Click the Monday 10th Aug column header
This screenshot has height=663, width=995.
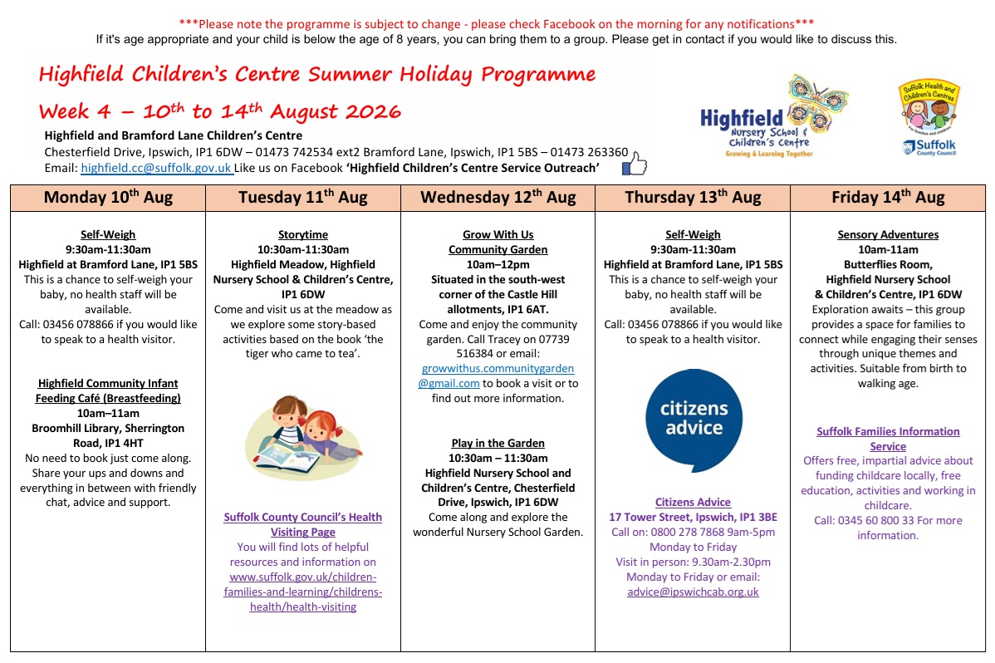click(108, 198)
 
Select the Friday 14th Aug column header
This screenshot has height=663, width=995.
click(888, 198)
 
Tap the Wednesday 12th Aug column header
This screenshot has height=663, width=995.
click(498, 198)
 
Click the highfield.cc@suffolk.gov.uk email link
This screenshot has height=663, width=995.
click(156, 169)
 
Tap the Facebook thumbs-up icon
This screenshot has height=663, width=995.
click(635, 164)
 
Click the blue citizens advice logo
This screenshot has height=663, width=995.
click(694, 420)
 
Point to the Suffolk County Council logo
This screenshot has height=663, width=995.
click(929, 118)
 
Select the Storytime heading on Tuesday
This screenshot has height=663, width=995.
click(302, 235)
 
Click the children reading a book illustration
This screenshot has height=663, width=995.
click(302, 438)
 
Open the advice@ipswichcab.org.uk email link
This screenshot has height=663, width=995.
click(693, 592)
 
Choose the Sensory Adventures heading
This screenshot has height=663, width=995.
click(888, 235)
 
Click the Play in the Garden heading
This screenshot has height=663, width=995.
click(498, 444)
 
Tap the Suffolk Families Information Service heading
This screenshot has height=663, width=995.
click(888, 439)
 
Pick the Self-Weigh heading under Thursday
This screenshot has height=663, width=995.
click(693, 235)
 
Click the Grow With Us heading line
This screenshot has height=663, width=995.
click(498, 235)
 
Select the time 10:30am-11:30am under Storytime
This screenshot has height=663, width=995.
click(302, 249)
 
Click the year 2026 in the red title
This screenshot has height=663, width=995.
click(375, 112)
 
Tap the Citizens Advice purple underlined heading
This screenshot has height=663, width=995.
click(693, 503)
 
